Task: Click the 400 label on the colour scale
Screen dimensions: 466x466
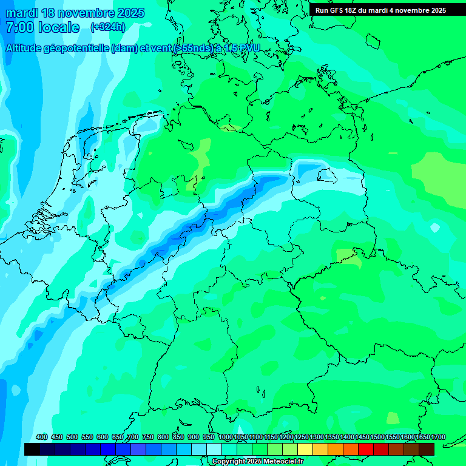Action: [x=42, y=437]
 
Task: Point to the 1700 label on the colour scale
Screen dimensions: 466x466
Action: [x=422, y=437]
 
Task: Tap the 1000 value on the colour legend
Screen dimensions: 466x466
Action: [x=226, y=437]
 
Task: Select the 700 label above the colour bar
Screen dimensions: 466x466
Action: [x=133, y=437]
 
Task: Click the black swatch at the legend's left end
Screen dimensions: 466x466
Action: [x=32, y=449]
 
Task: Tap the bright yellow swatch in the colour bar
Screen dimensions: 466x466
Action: [x=305, y=449]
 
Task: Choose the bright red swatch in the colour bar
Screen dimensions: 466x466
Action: [x=366, y=449]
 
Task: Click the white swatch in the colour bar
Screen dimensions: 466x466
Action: [x=214, y=449]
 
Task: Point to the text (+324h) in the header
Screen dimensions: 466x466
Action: [x=107, y=27]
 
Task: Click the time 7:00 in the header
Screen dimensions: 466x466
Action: [x=18, y=27]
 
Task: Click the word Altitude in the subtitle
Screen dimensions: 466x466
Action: [x=25, y=49]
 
